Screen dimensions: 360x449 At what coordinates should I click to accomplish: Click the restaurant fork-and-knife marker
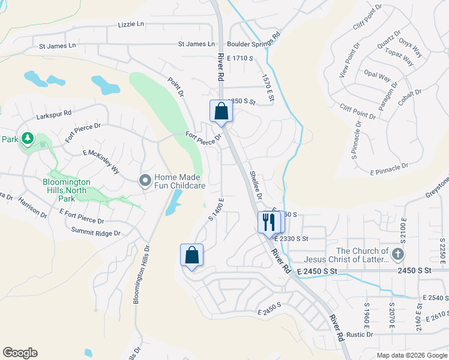coord(268,222)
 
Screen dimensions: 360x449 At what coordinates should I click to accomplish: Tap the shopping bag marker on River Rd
coord(221,111)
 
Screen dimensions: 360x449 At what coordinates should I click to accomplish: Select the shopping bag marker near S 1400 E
coord(191,255)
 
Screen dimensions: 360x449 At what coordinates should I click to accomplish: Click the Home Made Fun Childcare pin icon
coord(145,180)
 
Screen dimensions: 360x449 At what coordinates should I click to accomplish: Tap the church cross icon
coord(397,256)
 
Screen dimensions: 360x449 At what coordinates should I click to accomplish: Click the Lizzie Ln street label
coord(132,25)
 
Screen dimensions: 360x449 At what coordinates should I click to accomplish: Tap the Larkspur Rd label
coord(53,112)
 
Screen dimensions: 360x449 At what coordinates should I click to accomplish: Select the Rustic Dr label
coord(360,334)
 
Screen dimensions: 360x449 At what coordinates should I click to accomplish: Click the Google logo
coord(20,353)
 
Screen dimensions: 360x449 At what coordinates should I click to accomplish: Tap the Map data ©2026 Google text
coord(411,355)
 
